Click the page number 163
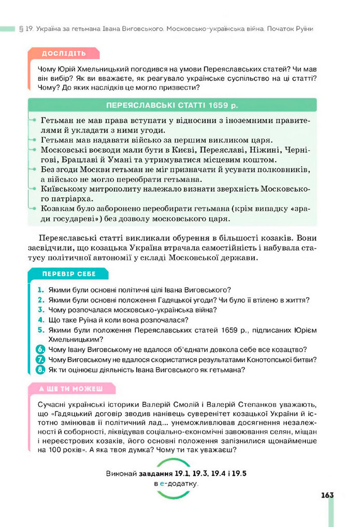[x=326, y=495]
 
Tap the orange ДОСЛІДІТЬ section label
[x=64, y=54]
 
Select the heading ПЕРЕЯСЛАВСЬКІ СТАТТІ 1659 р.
[x=172, y=105]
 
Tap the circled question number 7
[x=40, y=359]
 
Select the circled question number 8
[x=40, y=370]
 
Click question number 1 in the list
[x=40, y=290]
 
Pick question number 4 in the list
[x=40, y=320]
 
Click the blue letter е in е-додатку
[x=162, y=483]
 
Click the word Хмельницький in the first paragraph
[x=102, y=69]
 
